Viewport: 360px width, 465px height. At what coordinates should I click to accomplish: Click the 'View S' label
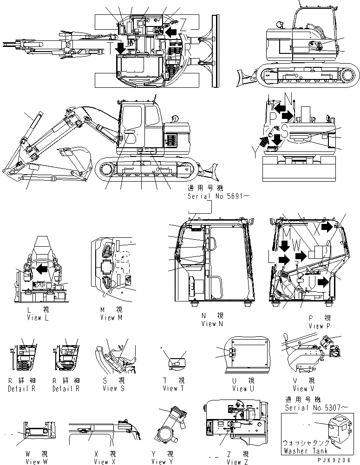pos(113,388)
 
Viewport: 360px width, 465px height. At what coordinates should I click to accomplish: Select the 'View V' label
pos(300,388)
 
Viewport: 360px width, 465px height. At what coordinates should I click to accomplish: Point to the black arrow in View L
pos(43,268)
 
